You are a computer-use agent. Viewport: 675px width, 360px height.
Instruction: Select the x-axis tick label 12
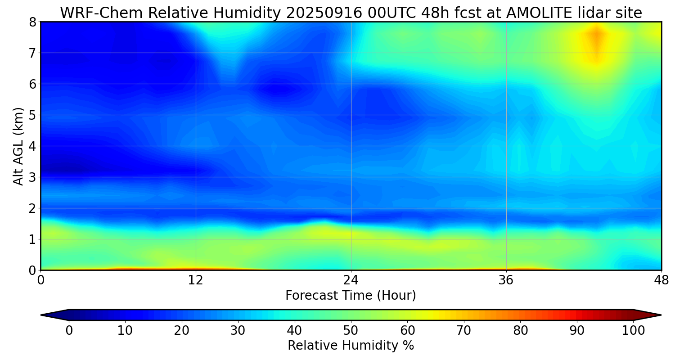[196, 280]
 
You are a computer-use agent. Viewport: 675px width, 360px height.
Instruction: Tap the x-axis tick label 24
[351, 280]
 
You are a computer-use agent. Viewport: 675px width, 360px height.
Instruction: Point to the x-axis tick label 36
[506, 280]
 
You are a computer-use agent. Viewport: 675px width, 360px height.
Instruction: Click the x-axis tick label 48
[661, 280]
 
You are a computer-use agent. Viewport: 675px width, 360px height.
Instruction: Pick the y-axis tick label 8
[32, 22]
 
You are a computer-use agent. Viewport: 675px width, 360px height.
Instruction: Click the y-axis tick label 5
[32, 115]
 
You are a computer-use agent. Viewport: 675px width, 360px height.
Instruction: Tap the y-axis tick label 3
[32, 177]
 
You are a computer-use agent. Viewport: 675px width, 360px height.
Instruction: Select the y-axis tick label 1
[32, 239]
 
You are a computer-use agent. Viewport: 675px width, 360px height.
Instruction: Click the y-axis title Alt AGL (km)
[18, 146]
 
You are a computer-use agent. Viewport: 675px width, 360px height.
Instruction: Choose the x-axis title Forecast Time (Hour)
[351, 296]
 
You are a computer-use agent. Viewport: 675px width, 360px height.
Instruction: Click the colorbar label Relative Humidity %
[351, 346]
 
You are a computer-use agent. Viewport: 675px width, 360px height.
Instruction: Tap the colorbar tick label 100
[633, 331]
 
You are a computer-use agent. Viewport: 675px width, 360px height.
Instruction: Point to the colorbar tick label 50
[351, 331]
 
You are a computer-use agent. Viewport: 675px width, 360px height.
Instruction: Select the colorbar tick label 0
[69, 331]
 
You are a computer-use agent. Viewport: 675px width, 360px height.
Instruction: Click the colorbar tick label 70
[463, 331]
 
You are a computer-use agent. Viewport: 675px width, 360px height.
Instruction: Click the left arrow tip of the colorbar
[42, 315]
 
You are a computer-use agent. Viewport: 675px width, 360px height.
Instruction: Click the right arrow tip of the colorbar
[660, 315]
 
